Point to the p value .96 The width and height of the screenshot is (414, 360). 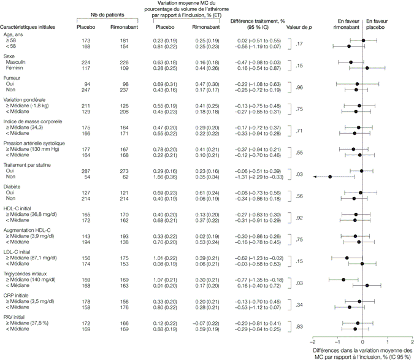[x=299, y=87]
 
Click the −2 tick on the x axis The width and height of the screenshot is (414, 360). [x=313, y=342]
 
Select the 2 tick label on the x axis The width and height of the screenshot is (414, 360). [x=412, y=342]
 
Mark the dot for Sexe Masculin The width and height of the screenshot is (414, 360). [x=351, y=61]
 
